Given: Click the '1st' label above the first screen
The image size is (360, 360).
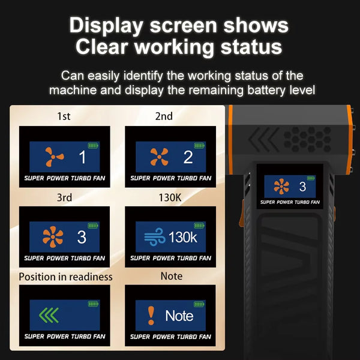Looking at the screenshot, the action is [64, 116].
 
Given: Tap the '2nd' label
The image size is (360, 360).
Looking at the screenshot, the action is [164, 116].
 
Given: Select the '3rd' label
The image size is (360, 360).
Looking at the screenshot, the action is [64, 197].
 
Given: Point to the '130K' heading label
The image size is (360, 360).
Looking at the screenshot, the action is [170, 197].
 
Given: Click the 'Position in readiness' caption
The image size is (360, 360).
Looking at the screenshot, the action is [65, 277].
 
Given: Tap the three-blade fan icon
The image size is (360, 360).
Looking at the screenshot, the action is [54, 157].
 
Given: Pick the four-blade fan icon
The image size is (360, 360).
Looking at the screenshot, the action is [159, 157].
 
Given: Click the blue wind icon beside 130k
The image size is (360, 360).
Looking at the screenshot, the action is [155, 237].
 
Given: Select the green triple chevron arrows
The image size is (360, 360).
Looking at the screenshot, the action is [49, 315].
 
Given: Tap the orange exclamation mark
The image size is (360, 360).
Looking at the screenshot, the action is [151, 316].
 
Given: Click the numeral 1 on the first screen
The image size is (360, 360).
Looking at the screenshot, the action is [82, 157].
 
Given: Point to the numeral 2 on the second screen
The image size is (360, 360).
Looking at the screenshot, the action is [188, 157].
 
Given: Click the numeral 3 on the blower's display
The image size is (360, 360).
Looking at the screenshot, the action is [302, 187].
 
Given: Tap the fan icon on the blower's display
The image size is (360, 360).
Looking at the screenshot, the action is [281, 187].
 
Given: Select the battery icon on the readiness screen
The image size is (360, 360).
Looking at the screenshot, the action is [93, 304].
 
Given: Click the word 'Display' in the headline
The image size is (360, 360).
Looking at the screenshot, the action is [106, 26].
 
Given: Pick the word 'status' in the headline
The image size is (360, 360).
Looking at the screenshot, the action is [251, 47].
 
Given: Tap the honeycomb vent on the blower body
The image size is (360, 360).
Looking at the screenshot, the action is [308, 139].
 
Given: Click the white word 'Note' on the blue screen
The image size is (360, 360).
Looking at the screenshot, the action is [179, 316].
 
